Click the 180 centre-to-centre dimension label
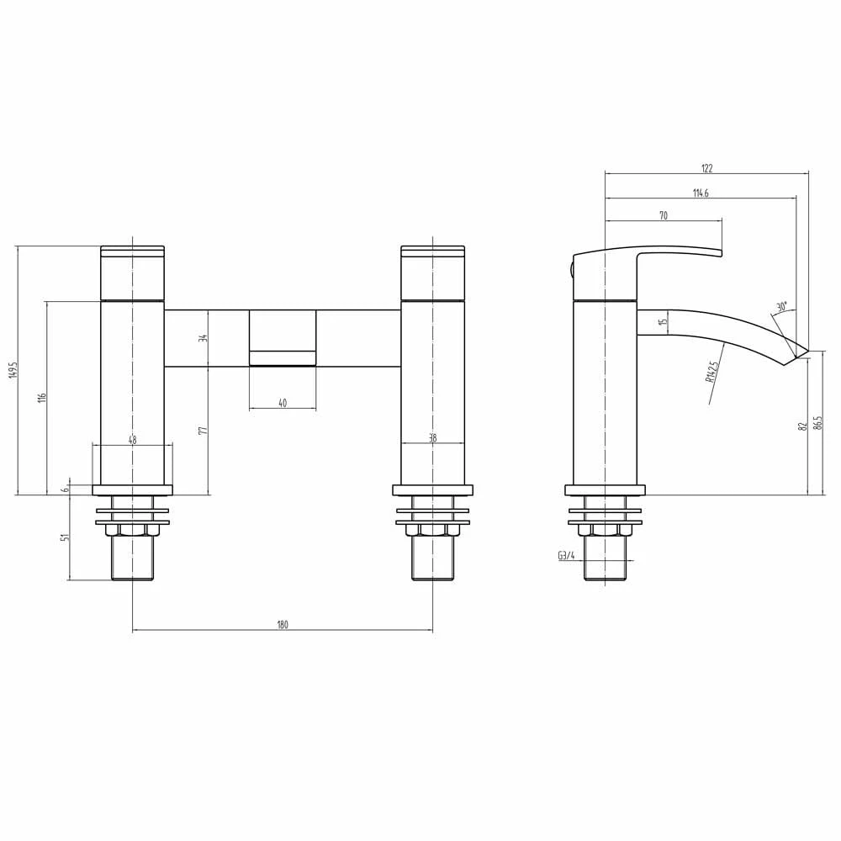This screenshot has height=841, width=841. tap(283, 624)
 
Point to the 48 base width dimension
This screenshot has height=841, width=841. tap(132, 438)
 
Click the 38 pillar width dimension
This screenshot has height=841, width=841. tap(432, 438)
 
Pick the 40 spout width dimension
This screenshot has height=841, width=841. tap(283, 404)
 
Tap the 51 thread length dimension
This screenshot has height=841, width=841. tap(64, 537)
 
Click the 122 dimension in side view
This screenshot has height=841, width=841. tap(706, 168)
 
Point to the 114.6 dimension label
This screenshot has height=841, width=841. tap(701, 193)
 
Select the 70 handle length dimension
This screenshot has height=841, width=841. tap(663, 215)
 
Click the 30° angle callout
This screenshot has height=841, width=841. tap(782, 307)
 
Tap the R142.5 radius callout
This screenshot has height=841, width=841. tap(712, 372)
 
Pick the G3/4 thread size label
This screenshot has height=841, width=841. tap(565, 555)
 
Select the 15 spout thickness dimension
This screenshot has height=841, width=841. tap(663, 321)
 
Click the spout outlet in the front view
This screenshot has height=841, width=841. tap(283, 358)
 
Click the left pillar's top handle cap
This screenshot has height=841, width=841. tap(132, 250)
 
